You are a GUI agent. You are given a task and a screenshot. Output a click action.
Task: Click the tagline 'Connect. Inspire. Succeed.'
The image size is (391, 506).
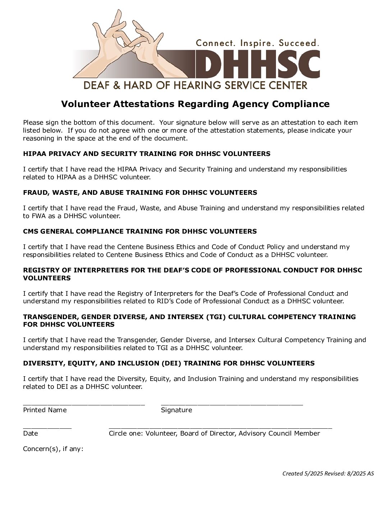click(x=257, y=43)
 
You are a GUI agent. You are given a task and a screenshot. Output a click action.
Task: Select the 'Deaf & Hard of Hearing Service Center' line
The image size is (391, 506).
click(x=195, y=85)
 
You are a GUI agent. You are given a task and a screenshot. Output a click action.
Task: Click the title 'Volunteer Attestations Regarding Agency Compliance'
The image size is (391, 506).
click(x=195, y=104)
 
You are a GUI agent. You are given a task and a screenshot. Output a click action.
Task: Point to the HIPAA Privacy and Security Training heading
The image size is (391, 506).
click(x=147, y=154)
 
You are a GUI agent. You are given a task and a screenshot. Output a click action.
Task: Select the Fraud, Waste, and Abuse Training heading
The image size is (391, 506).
click(x=140, y=193)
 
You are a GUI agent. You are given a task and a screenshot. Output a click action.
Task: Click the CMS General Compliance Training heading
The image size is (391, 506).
click(x=140, y=231)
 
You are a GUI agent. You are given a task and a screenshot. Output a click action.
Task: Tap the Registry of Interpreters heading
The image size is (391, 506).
click(x=193, y=274)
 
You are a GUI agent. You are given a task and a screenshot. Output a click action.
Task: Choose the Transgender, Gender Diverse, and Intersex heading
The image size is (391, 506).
click(x=189, y=321)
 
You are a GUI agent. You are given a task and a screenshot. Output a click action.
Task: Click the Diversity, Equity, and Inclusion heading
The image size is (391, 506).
click(x=169, y=363)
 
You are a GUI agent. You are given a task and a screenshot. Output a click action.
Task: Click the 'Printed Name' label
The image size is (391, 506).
click(x=45, y=410)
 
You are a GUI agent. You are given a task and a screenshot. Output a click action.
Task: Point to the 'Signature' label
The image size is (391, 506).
click(x=176, y=410)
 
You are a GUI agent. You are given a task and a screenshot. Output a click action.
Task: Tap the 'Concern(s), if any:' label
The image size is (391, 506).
click(x=53, y=449)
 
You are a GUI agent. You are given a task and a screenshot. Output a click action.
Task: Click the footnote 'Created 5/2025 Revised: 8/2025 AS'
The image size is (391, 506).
click(x=328, y=473)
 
